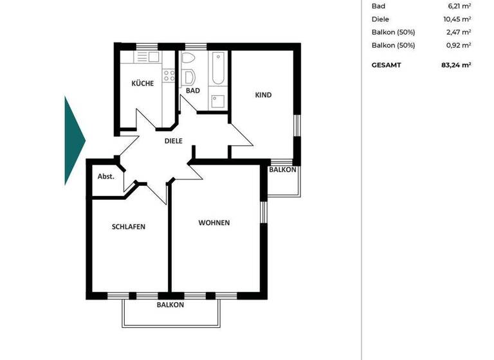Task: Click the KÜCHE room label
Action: (142, 83)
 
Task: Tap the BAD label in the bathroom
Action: (192, 91)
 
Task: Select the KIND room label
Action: (263, 95)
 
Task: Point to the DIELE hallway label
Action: (174, 141)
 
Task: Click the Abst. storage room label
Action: (105, 176)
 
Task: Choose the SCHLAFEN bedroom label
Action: (128, 226)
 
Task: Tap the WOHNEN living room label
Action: (214, 223)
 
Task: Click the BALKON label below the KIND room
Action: (282, 170)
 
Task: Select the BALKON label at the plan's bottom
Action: (170, 305)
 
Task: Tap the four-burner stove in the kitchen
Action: (169, 76)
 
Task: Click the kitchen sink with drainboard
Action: (147, 57)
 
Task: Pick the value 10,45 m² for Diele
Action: (457, 19)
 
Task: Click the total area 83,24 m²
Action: (457, 65)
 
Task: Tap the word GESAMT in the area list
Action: (386, 65)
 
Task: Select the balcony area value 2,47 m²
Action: (459, 32)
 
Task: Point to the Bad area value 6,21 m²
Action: (459, 6)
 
